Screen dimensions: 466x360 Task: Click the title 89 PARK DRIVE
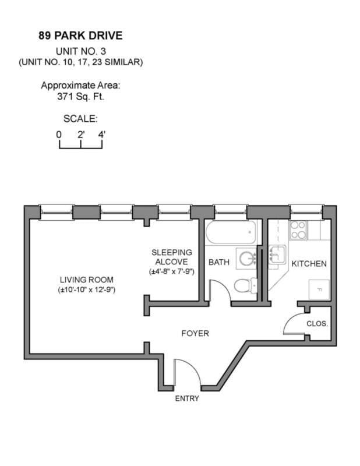coord(80,36)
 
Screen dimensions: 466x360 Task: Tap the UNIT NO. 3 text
coord(80,50)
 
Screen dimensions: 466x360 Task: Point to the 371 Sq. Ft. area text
coord(80,96)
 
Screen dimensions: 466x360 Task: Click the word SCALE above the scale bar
coord(80,119)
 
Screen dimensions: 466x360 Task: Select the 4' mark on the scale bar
coord(102,134)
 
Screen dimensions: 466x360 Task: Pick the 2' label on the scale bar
coord(80,134)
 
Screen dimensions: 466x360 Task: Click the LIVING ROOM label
coord(86,279)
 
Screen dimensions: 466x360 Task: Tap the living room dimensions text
coord(86,290)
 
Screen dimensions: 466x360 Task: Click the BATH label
coord(219,263)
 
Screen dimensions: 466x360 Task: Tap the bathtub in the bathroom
coord(230,234)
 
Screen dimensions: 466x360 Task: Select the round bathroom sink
coord(249,258)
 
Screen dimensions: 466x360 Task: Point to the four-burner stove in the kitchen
coord(299,230)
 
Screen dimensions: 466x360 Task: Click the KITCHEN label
coord(309,264)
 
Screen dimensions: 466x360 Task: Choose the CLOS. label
coord(317,323)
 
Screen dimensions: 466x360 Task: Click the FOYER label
coord(195,334)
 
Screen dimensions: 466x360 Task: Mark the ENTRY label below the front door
coord(187,398)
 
